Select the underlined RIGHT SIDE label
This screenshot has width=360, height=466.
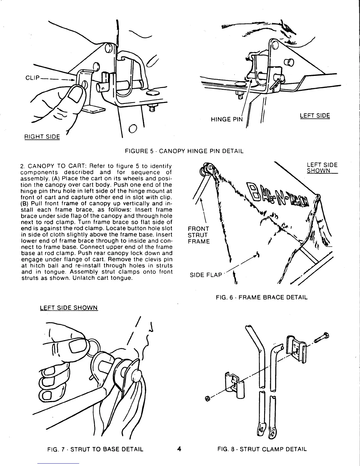point(42,137)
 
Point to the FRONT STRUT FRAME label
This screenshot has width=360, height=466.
point(199,235)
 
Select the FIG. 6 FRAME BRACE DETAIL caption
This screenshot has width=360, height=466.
point(261,297)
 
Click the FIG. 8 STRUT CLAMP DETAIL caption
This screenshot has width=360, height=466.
point(262,449)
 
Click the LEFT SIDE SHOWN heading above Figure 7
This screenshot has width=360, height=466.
point(69,308)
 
